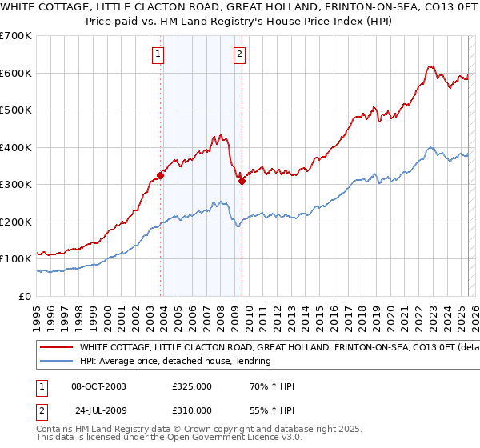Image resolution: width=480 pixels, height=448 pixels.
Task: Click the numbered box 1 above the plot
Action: tap(158, 55)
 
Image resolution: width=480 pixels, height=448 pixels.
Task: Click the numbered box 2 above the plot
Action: tap(239, 55)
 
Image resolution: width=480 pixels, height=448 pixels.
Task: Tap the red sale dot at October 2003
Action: tap(161, 175)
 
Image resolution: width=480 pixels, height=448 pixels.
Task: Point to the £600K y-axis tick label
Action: tap(16, 73)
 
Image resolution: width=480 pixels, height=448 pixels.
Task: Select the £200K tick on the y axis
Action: tap(16, 222)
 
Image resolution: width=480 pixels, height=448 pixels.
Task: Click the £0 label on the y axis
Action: tap(24, 296)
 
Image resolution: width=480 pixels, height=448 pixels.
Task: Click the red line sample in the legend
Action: tap(57, 348)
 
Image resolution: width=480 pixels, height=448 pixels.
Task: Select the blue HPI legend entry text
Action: tap(175, 362)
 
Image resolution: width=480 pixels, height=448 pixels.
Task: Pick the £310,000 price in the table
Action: tap(192, 409)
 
